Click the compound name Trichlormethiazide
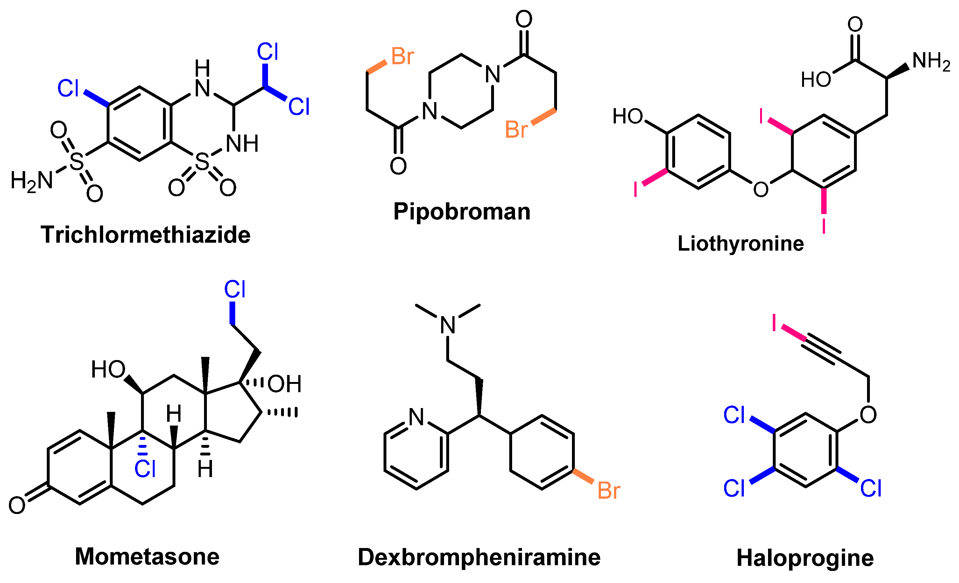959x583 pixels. coord(145,235)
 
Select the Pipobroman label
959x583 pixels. coord(462,212)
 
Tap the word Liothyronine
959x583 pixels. coord(741,244)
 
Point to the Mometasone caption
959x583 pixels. coord(147,557)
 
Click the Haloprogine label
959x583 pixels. coord(805,558)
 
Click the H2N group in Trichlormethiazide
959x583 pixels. coord(32,181)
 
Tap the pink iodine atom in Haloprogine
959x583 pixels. coord(774,323)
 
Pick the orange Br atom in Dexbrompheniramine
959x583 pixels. coord(608,490)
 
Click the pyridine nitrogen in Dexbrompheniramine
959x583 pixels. coord(416,417)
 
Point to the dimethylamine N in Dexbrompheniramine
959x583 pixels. coord(448,325)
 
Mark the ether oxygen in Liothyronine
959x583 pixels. coord(761,190)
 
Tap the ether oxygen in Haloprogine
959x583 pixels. coord(868,415)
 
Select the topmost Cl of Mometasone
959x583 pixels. coord(235,290)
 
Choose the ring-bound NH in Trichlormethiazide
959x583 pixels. coord(242,144)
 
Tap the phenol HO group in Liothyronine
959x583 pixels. coord(627,116)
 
